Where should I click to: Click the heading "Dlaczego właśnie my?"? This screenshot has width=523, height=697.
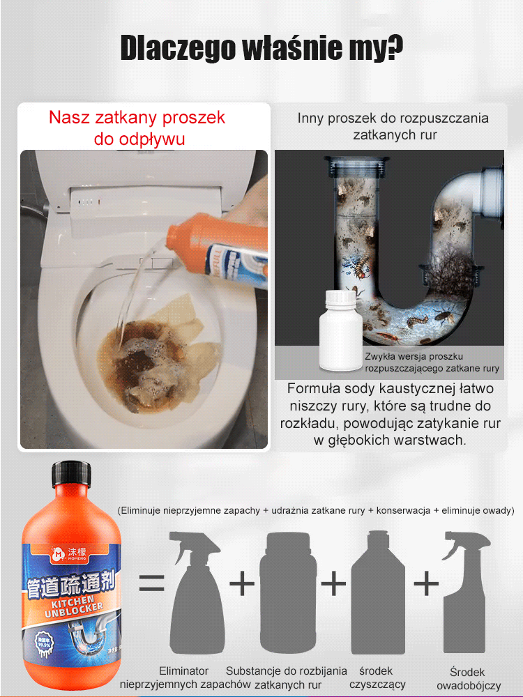[x=261, y=48]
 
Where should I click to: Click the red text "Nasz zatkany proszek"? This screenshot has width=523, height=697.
[x=137, y=117]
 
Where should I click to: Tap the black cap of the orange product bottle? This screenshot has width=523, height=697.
[x=70, y=475]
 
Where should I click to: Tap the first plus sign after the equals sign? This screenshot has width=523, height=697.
[x=242, y=583]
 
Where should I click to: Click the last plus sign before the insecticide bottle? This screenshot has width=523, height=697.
[x=426, y=583]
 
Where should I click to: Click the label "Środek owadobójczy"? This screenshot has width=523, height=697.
[x=468, y=679]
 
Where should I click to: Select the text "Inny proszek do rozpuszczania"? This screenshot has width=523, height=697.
[x=393, y=118]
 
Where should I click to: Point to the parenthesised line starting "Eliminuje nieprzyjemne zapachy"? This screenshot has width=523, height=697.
[x=315, y=510]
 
